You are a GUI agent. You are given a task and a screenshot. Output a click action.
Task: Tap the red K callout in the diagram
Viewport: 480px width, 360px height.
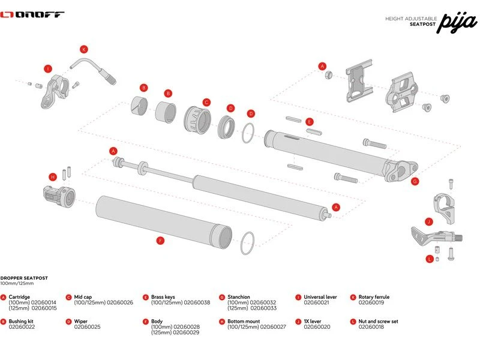pyautogui.click(x=84, y=49)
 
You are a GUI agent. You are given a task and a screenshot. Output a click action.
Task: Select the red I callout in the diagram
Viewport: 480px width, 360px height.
pyautogui.click(x=48, y=69)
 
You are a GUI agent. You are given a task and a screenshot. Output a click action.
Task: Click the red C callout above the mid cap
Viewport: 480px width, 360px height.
pyautogui.click(x=206, y=102)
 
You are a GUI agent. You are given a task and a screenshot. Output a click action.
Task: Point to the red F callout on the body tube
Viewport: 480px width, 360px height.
pyautogui.click(x=160, y=241)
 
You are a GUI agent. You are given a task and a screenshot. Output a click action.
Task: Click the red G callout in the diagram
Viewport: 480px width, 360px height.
pyautogui.click(x=414, y=181)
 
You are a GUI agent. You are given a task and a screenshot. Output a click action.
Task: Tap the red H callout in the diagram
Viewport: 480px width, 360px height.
pyautogui.click(x=53, y=176)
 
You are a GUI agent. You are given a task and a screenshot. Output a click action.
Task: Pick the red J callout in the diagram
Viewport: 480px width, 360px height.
pyautogui.click(x=429, y=221)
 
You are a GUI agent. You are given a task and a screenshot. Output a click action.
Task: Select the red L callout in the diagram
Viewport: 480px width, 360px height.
pyautogui.click(x=430, y=259)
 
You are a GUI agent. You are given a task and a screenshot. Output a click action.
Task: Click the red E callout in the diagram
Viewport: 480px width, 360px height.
pyautogui.click(x=310, y=122)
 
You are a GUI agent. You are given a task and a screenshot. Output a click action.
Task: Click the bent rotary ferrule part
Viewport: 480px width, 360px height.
pyautogui.click(x=93, y=68)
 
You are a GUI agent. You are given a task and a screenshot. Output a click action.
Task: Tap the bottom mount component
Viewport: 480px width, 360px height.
pyautogui.click(x=58, y=196)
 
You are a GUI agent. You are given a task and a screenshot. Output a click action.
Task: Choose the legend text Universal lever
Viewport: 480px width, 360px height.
pyautogui.click(x=320, y=297)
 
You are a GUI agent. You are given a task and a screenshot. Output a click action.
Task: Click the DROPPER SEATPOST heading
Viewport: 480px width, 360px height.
pyautogui.click(x=24, y=278)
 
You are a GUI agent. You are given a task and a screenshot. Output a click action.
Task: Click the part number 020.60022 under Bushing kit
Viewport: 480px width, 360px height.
pyautogui.click(x=22, y=326)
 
